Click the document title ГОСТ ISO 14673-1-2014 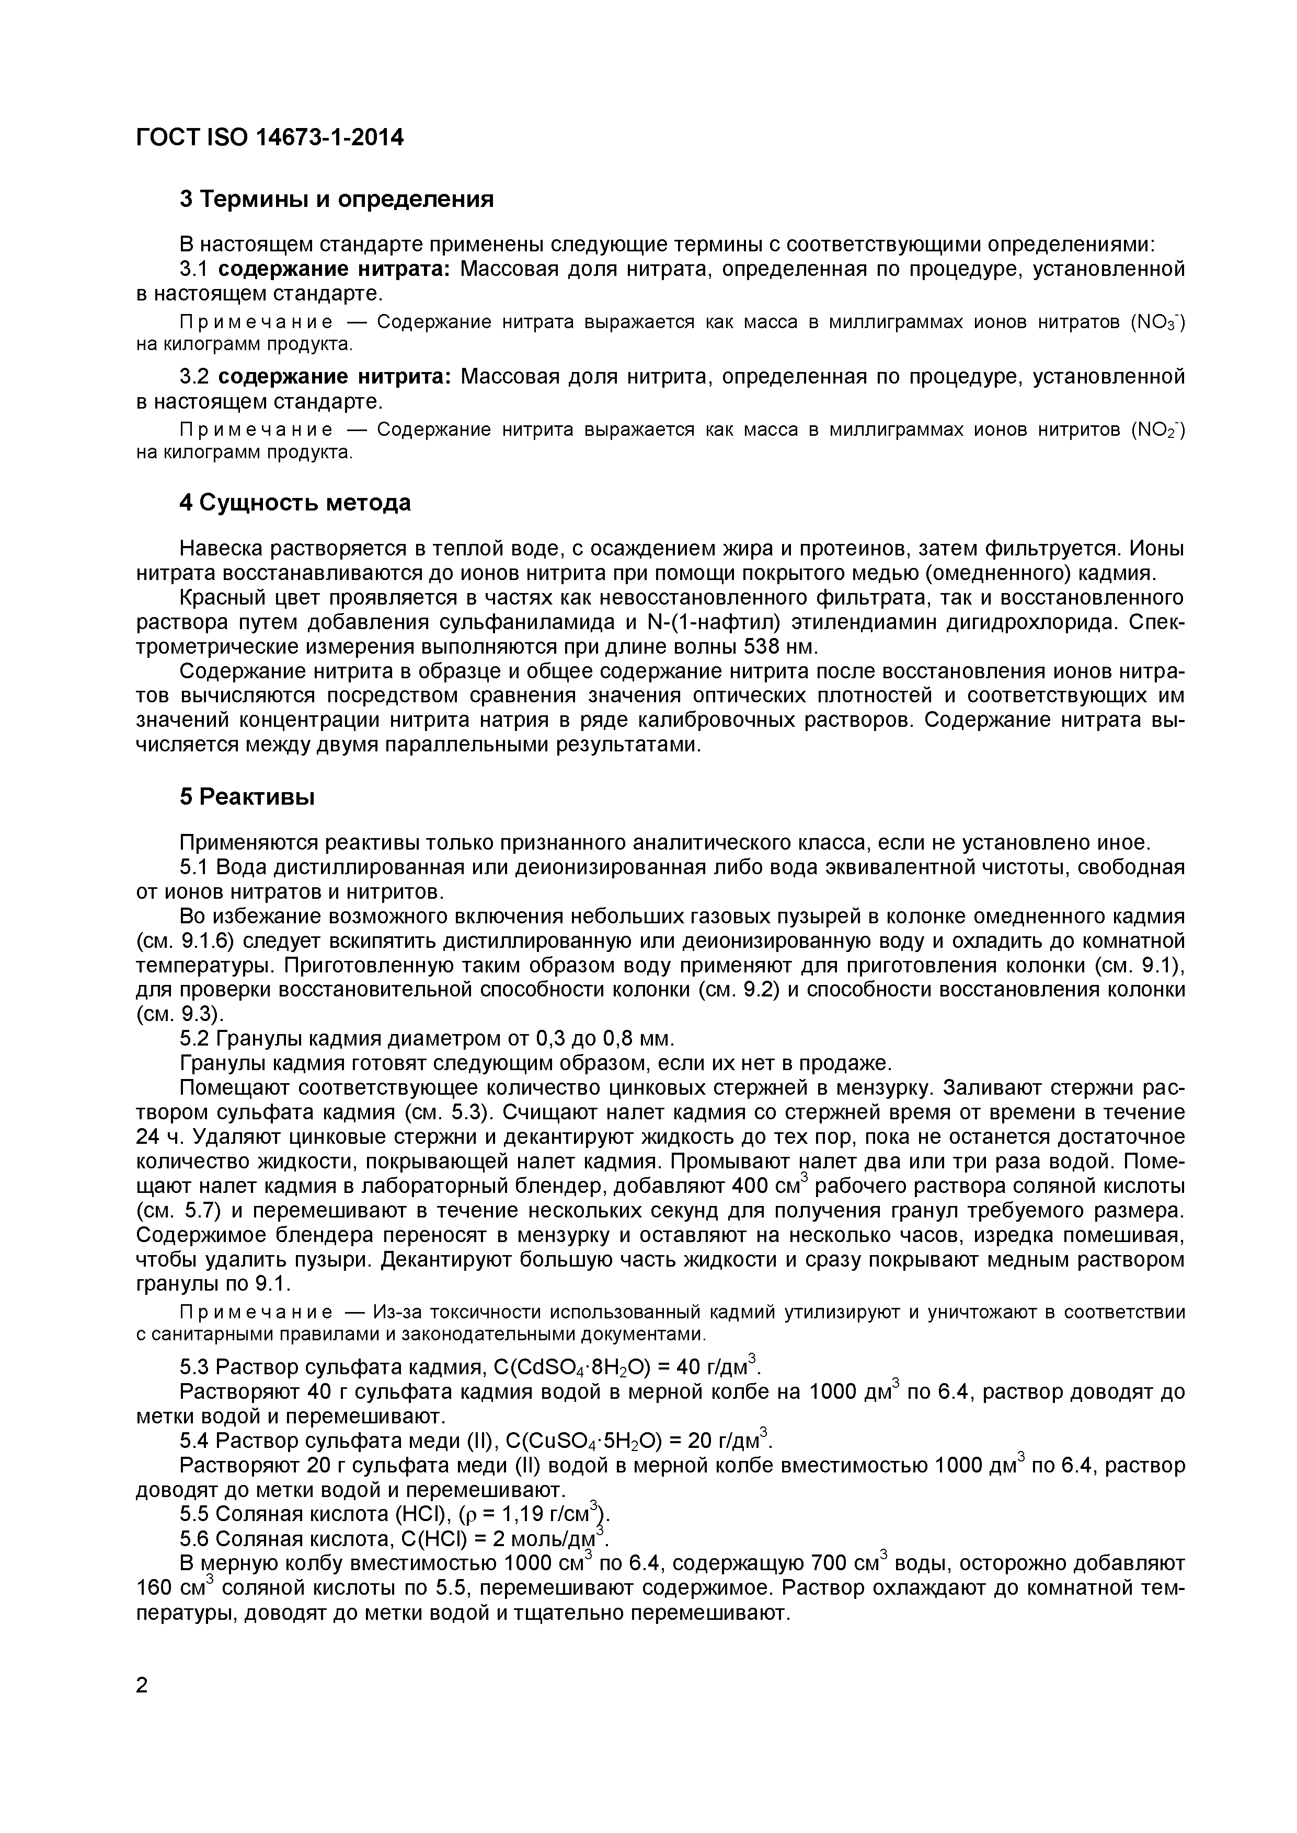(x=270, y=137)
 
